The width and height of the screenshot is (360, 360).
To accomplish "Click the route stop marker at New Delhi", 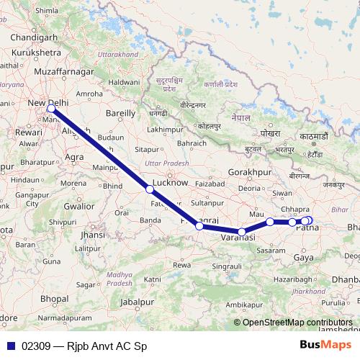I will (x=50, y=109).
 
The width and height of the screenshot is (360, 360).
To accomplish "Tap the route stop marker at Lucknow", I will (x=149, y=189).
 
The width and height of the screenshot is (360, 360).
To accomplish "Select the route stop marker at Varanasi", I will (x=242, y=231).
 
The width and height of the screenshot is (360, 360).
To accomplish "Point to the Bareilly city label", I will (x=120, y=113).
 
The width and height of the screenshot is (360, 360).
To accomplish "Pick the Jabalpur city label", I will (x=138, y=302).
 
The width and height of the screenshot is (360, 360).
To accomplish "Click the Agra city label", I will (x=74, y=156).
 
